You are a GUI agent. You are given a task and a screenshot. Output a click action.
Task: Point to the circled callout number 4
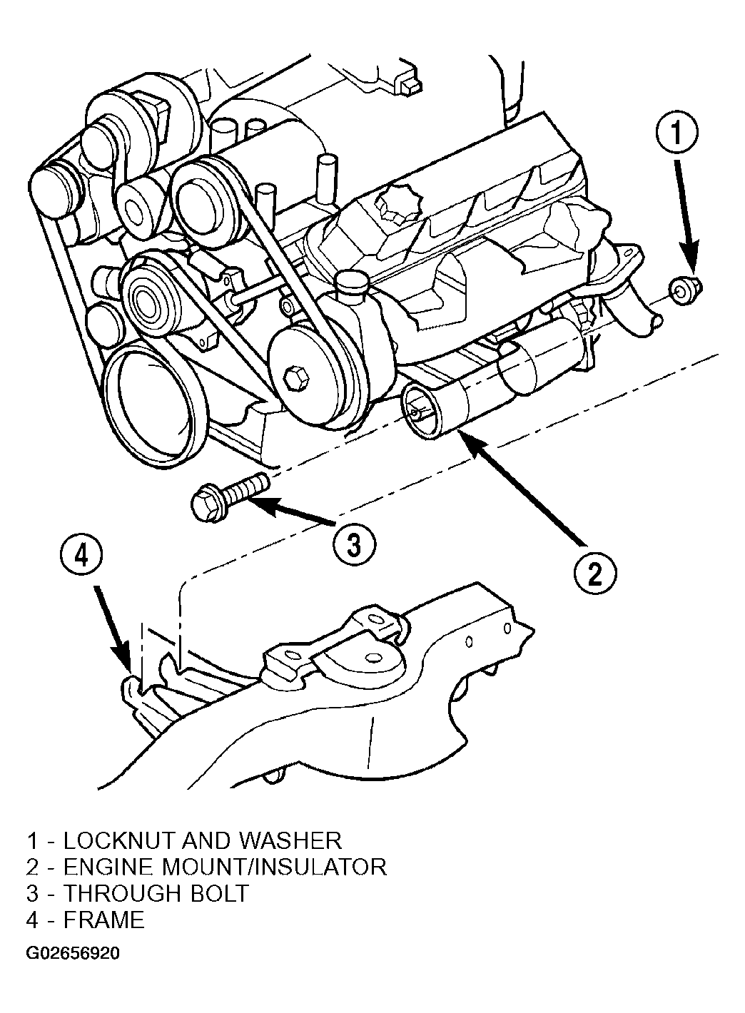81,557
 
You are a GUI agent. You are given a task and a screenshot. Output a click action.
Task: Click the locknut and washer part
684,290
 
